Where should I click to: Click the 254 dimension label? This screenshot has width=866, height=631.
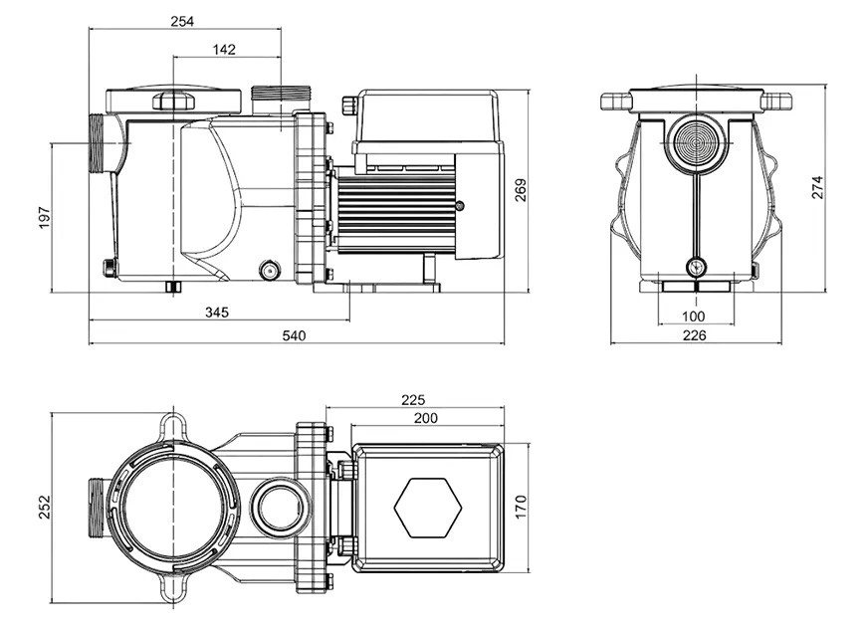pyautogui.click(x=182, y=20)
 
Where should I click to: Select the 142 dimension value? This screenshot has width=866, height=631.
pyautogui.click(x=224, y=49)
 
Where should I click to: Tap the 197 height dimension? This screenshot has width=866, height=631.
pyautogui.click(x=43, y=219)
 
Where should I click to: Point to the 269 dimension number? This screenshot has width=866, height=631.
pyautogui.click(x=521, y=191)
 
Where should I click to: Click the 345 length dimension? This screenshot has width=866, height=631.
pyautogui.click(x=217, y=312)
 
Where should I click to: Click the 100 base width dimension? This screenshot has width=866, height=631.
pyautogui.click(x=695, y=316)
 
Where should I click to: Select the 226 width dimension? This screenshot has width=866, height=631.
pyautogui.click(x=695, y=335)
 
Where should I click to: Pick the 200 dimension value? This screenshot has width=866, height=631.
pyautogui.click(x=426, y=418)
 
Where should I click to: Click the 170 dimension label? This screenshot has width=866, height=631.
pyautogui.click(x=521, y=507)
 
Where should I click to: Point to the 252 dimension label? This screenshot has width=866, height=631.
pyautogui.click(x=43, y=507)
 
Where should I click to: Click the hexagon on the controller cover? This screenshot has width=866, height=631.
pyautogui.click(x=428, y=508)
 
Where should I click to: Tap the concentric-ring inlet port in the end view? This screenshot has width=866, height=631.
pyautogui.click(x=695, y=142)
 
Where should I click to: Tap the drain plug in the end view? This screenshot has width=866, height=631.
pyautogui.click(x=695, y=266)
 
